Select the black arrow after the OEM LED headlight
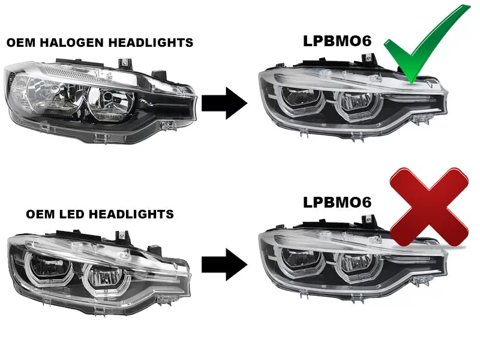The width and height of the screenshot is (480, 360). pyautogui.click(x=224, y=263)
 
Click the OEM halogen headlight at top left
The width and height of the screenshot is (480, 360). pyautogui.click(x=99, y=99)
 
